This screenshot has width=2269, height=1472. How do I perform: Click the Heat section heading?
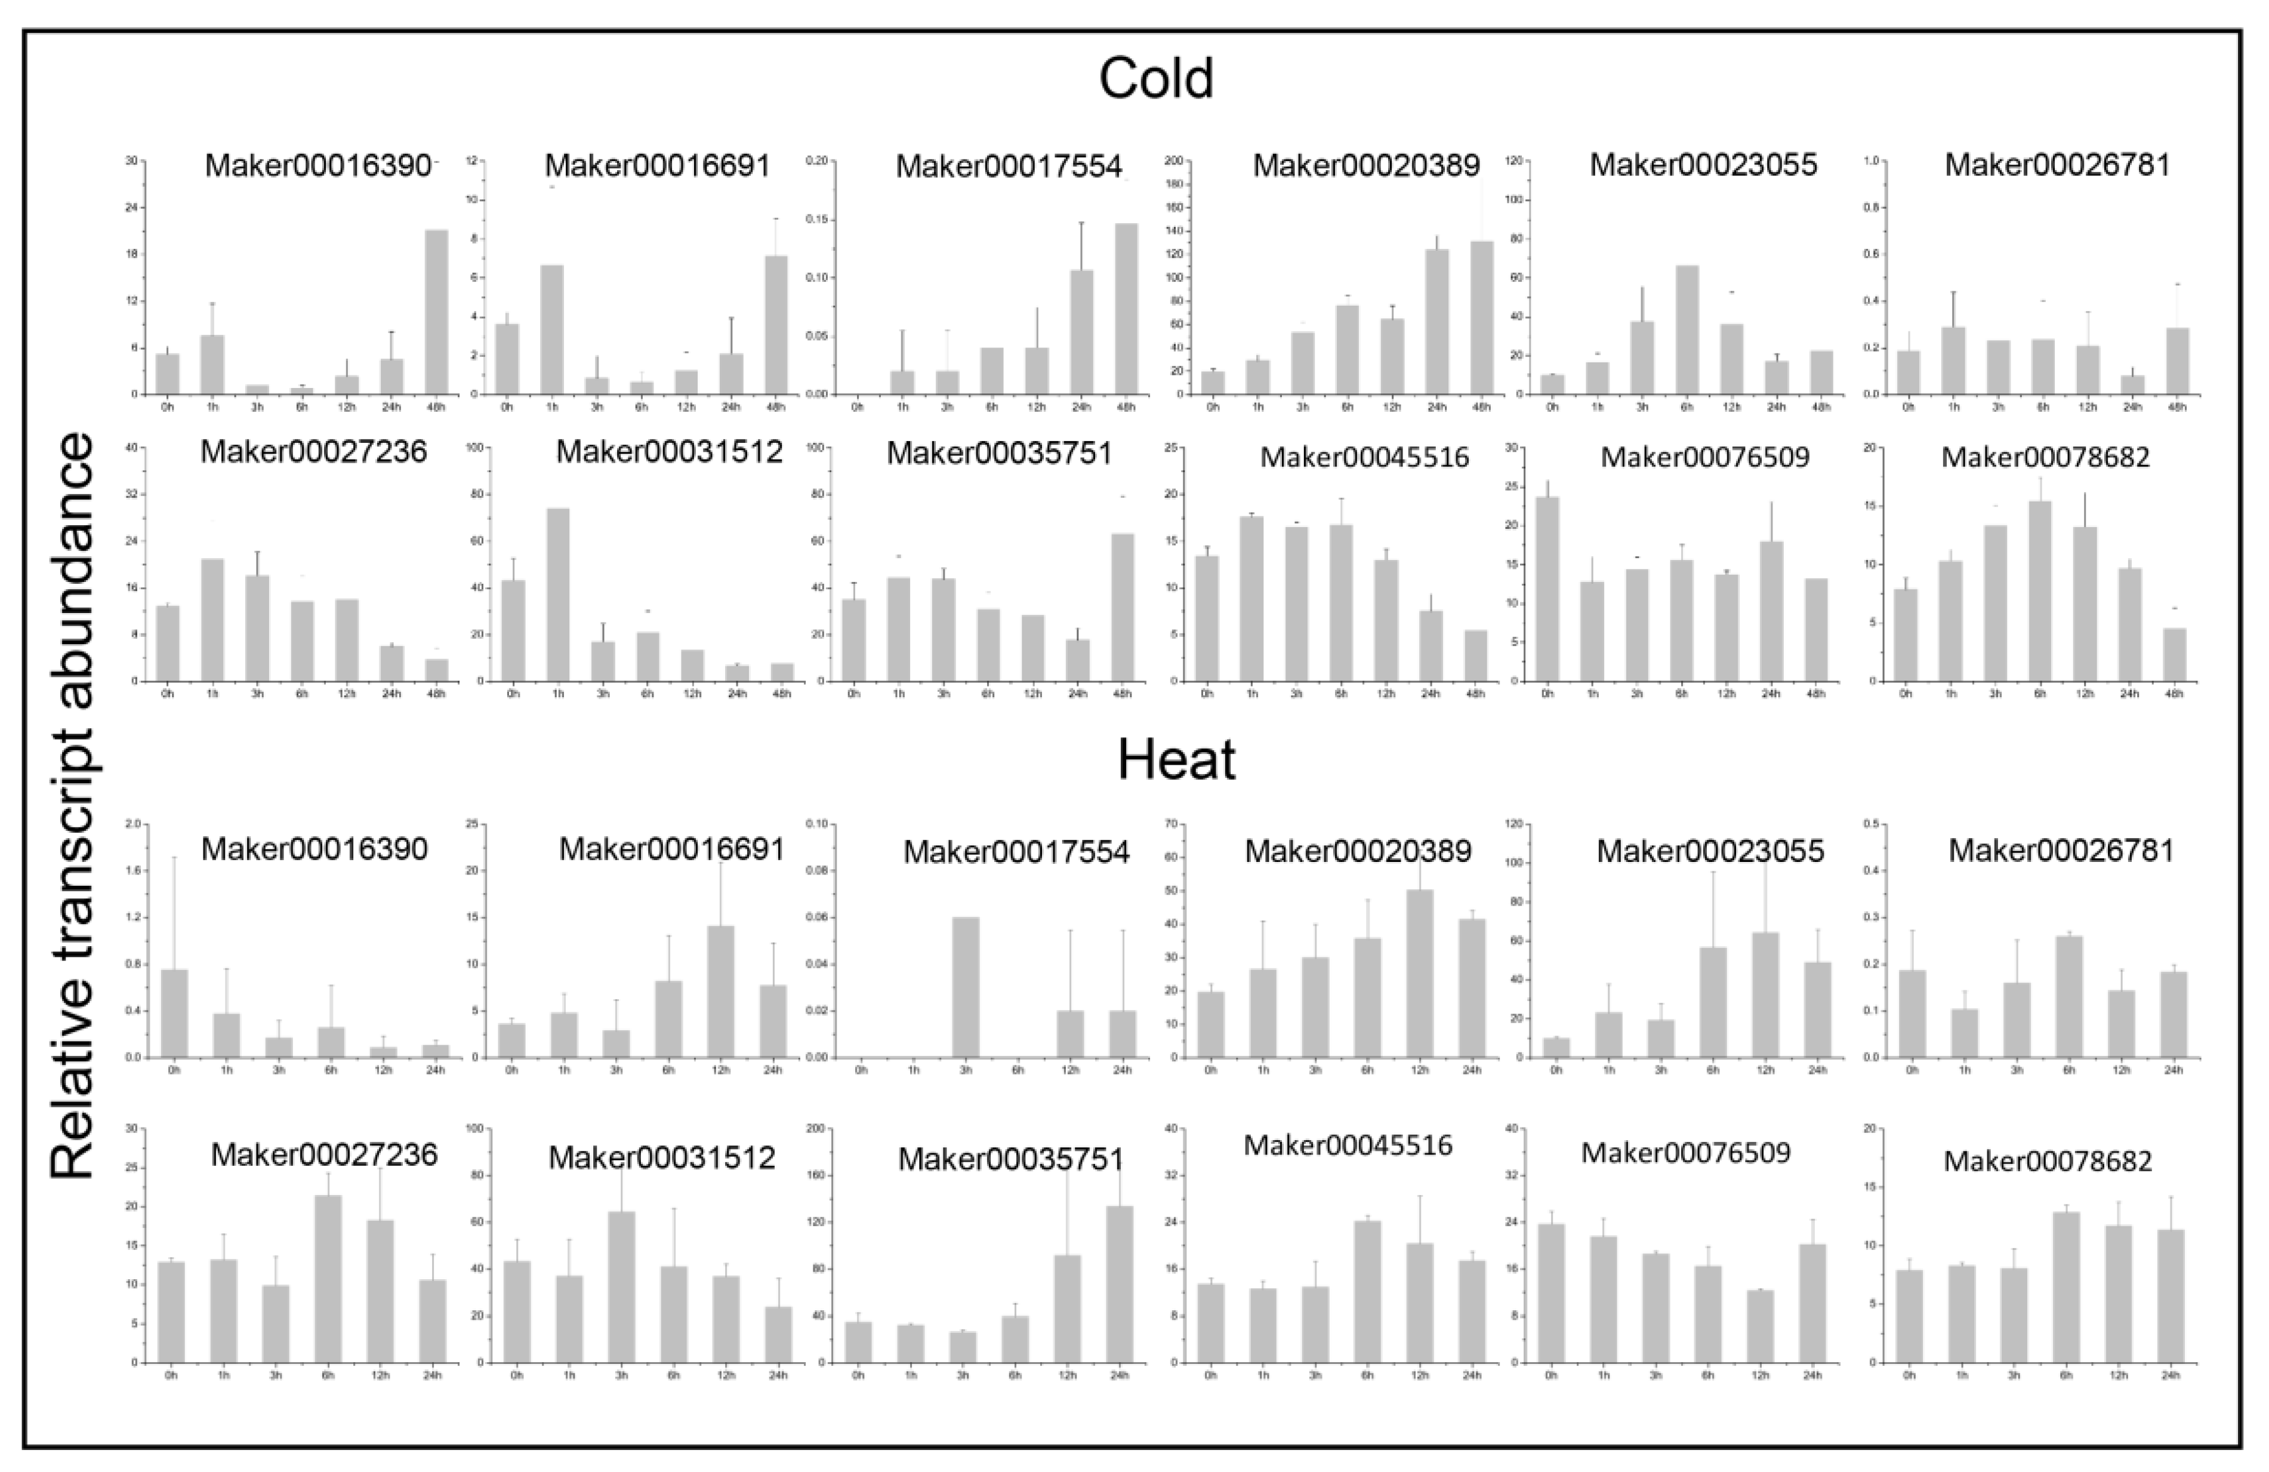1176,760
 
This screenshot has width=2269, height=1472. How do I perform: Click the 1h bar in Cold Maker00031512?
558,595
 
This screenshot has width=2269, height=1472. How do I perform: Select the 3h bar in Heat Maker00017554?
966,987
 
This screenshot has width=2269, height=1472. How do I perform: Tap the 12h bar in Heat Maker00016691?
721,991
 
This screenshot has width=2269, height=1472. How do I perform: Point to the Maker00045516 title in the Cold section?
1364,458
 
